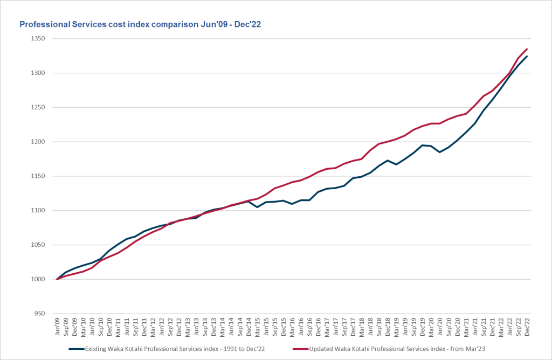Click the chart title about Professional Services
coord(140,24)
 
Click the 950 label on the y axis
coord(39,314)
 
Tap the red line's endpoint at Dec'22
coord(527,49)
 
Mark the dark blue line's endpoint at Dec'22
coord(527,56)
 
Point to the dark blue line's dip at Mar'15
coord(257,207)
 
